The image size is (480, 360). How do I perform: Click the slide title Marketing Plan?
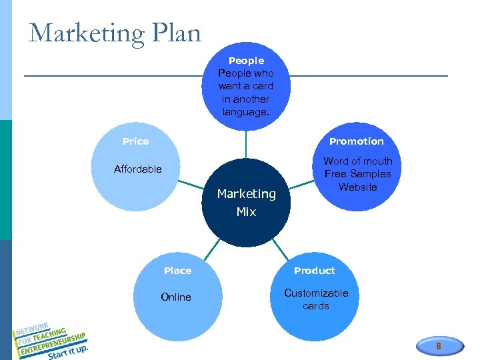[x=115, y=33]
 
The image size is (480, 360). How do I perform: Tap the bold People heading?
[x=246, y=61]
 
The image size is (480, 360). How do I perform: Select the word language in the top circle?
[x=246, y=112]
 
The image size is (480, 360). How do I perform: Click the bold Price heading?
[x=136, y=141]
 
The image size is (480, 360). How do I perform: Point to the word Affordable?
[x=138, y=169]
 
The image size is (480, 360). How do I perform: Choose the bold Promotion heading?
[x=357, y=141]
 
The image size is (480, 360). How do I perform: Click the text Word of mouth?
[x=358, y=161]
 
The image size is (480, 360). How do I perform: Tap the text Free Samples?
[x=358, y=174]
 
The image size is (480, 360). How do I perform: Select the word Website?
[x=358, y=187]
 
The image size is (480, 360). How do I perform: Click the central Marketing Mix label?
[x=247, y=203]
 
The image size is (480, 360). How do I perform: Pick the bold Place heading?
[x=178, y=271]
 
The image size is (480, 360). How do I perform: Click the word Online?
[x=176, y=297]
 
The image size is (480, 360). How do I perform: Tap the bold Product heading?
[x=315, y=271]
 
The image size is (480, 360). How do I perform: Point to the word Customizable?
[x=316, y=293]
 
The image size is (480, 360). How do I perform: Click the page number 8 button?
[x=438, y=347]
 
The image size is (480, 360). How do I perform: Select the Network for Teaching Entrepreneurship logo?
[x=50, y=337]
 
